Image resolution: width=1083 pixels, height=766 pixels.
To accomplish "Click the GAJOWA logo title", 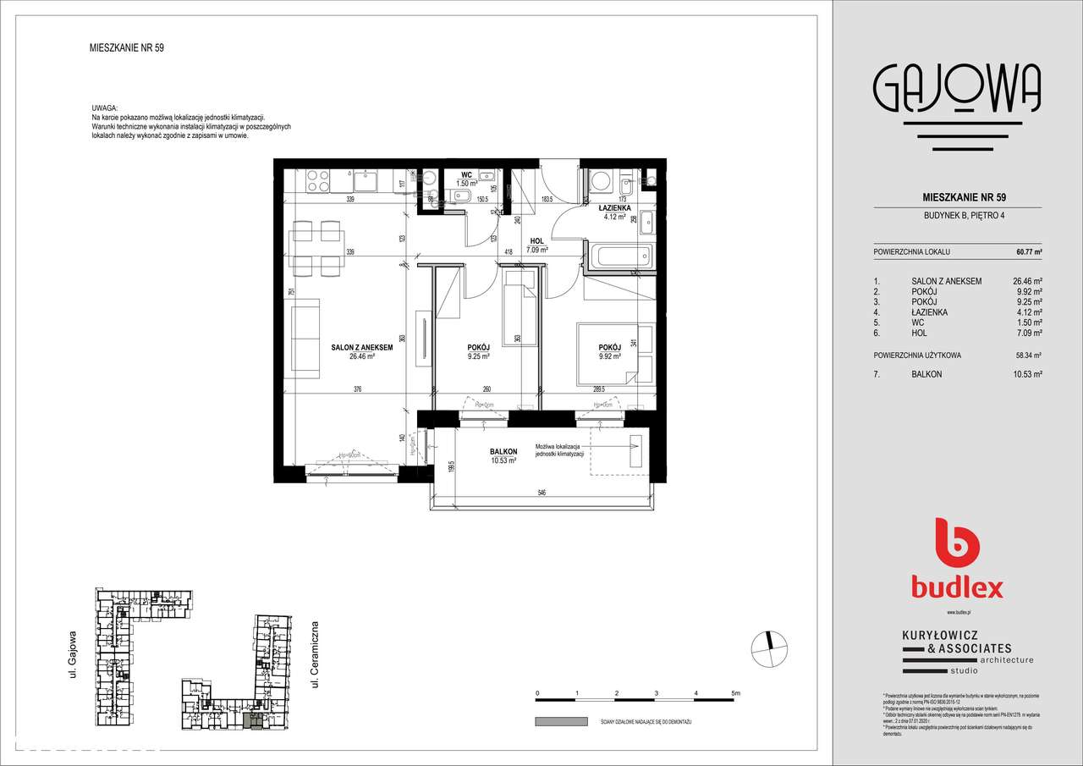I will point(956,90).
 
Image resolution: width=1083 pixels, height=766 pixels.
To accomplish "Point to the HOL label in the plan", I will point(536,240).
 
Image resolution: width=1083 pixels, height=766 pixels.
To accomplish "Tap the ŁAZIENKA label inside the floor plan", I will point(613,208).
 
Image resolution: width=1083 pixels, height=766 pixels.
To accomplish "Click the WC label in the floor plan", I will point(466,174).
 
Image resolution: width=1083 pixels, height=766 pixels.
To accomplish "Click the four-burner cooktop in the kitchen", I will point(317,181).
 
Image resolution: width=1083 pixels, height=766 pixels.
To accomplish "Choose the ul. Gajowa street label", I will point(74,653).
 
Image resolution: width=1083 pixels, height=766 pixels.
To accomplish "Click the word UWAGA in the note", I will point(105,109).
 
